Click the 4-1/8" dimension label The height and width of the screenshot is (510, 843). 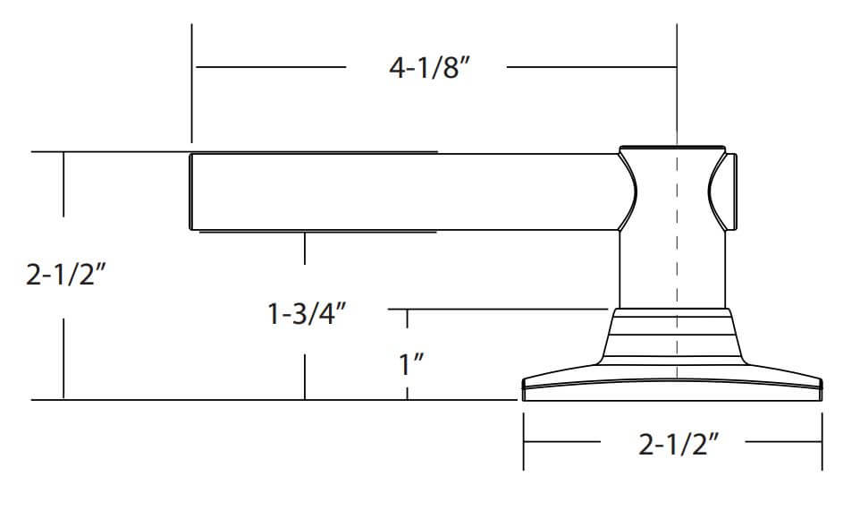click(430, 68)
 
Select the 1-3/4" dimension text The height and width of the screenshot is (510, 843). click(307, 314)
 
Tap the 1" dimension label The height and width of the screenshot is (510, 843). click(411, 364)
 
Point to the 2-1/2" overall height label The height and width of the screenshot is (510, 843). click(65, 276)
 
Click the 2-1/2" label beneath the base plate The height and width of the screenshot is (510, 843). click(679, 444)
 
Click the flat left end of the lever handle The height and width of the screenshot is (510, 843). click(190, 191)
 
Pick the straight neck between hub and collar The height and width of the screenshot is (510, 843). click(672, 269)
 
